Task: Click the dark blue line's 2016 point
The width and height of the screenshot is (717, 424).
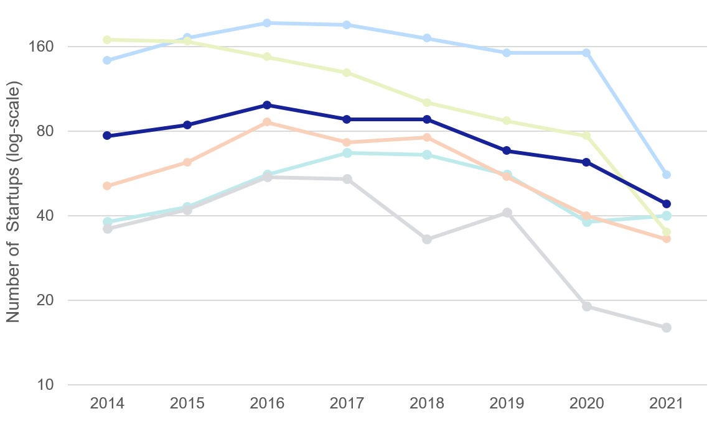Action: [267, 105]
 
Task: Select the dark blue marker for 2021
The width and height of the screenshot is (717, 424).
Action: [667, 204]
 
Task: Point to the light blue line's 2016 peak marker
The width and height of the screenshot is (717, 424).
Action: [267, 23]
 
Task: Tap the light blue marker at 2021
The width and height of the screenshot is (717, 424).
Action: [667, 175]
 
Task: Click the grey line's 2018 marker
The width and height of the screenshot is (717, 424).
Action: [427, 239]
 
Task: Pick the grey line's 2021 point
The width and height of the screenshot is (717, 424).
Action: [667, 328]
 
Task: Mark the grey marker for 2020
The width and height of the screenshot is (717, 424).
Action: [586, 306]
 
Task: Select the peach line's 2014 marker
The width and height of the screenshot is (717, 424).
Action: [107, 186]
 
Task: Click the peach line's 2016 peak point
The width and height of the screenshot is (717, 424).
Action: [267, 122]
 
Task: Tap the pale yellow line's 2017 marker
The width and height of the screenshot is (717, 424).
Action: [347, 73]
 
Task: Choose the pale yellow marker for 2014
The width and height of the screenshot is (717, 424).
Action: [107, 40]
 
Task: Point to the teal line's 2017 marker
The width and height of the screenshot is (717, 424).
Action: [347, 153]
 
